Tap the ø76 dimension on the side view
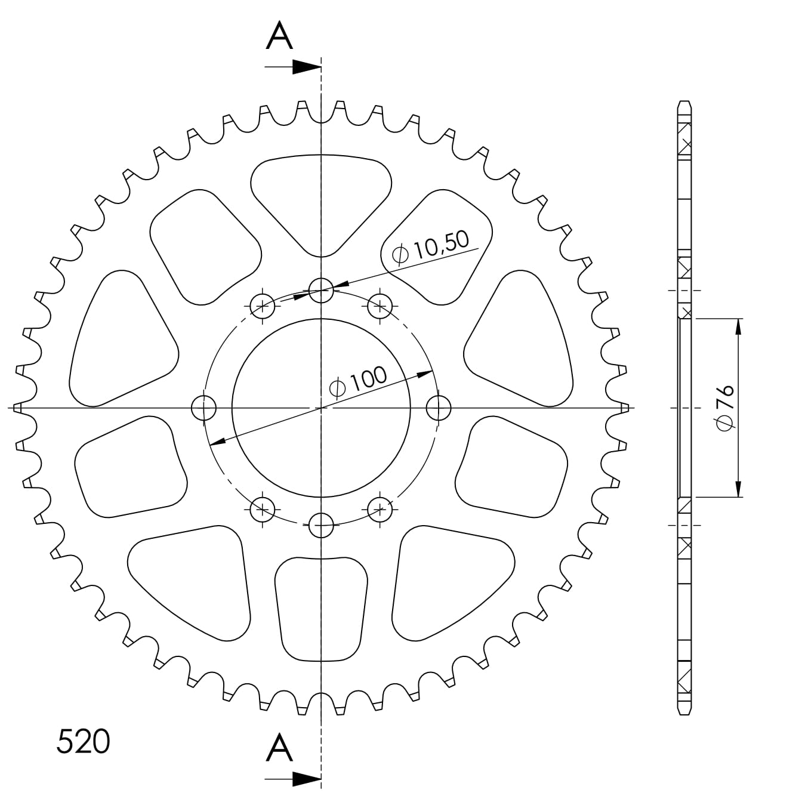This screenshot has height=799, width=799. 726,408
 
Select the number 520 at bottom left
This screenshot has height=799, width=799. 84,742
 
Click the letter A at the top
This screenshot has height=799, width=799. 279,36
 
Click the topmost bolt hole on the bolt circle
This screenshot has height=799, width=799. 322,291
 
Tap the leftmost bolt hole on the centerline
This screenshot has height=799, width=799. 203,408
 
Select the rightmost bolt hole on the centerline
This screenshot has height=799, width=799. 439,408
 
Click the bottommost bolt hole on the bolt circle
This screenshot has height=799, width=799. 322,526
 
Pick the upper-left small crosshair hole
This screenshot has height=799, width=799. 263,307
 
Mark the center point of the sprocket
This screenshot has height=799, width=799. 322,408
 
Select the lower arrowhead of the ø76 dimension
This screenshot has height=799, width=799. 739,489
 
